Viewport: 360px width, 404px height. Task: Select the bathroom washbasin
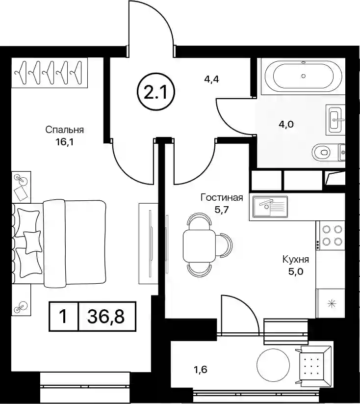tap(335, 120)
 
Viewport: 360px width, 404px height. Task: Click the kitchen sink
tap(270, 206)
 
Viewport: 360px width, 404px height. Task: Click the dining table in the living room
tap(199, 245)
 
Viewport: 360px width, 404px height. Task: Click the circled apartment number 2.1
tap(155, 92)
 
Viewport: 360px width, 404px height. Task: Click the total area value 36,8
tap(106, 316)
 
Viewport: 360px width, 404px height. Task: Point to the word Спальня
tap(65, 130)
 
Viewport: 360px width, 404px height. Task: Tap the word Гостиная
tap(222, 198)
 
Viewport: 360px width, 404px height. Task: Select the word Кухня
tap(295, 260)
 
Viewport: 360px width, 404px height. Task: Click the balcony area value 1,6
tap(200, 370)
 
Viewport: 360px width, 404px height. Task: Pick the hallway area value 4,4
tap(211, 79)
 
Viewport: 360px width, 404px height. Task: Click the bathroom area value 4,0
tap(286, 125)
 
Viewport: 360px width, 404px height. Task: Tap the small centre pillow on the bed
tap(33, 242)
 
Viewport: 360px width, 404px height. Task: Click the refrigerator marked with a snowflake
tap(331, 303)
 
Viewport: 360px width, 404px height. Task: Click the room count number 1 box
tap(63, 316)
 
